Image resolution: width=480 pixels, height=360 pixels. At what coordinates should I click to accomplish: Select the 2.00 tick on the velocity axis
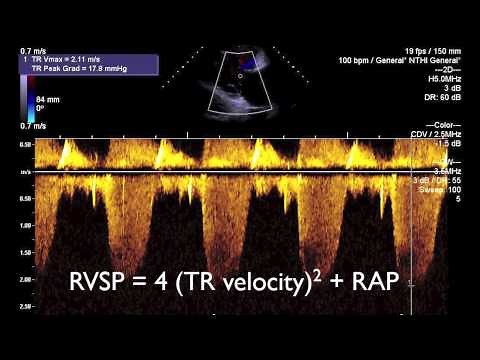pyautogui.click(x=24, y=279)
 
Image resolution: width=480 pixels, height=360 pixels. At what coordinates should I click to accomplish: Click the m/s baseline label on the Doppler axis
pyautogui.click(x=24, y=171)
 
